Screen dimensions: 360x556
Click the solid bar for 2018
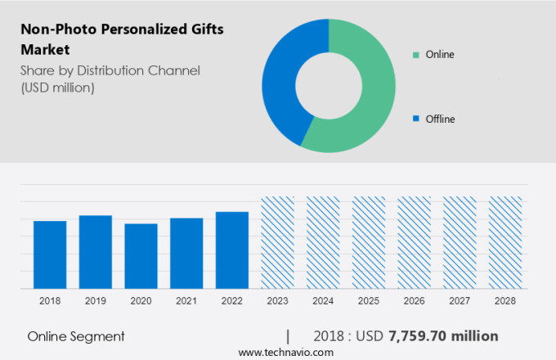click(x=50, y=254)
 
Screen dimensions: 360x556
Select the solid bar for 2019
click(x=96, y=251)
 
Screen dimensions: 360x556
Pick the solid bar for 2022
click(x=232, y=250)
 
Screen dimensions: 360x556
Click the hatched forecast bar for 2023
click(x=277, y=242)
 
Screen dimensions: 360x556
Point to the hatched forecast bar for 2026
click(x=415, y=242)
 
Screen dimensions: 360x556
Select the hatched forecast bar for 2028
click(x=505, y=242)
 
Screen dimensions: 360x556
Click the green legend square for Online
click(x=416, y=55)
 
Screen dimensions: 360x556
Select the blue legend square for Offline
click(x=416, y=119)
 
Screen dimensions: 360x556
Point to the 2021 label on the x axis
click(x=186, y=301)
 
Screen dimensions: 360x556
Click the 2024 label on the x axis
click(x=323, y=301)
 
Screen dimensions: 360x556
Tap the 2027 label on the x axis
click(x=460, y=301)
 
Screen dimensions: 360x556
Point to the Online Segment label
click(x=76, y=336)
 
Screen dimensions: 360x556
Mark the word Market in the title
click(x=45, y=49)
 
